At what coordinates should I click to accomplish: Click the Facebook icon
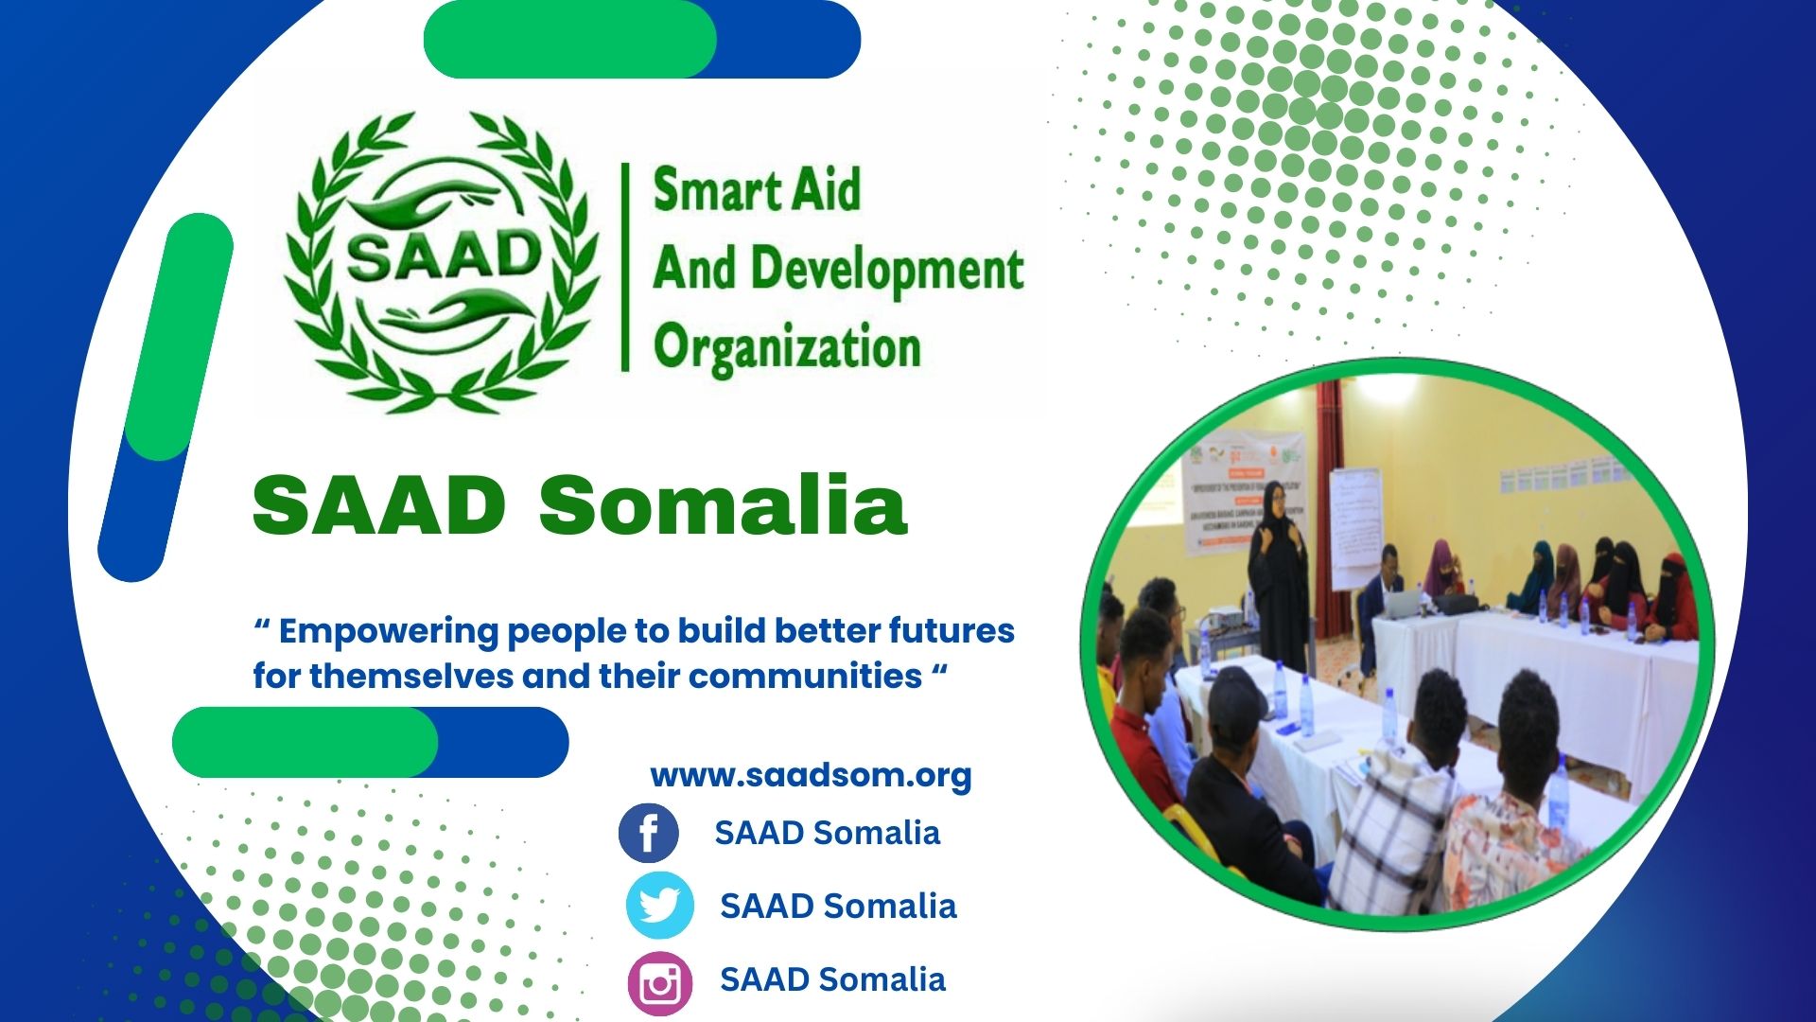[x=648, y=833]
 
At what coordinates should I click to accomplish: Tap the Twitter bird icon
[x=659, y=906]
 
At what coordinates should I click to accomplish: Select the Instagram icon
[x=659, y=982]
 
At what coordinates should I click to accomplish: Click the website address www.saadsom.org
[x=811, y=775]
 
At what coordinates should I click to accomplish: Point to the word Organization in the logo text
[x=786, y=347]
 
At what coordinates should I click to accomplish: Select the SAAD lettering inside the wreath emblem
[x=443, y=255]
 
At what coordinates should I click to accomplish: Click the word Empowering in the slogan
[x=388, y=631]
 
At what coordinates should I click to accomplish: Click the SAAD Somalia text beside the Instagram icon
[x=832, y=979]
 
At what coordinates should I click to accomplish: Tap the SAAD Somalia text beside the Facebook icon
[x=827, y=833]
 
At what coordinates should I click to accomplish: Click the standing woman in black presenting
[x=1279, y=577]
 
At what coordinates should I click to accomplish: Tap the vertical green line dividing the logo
[x=625, y=267]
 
